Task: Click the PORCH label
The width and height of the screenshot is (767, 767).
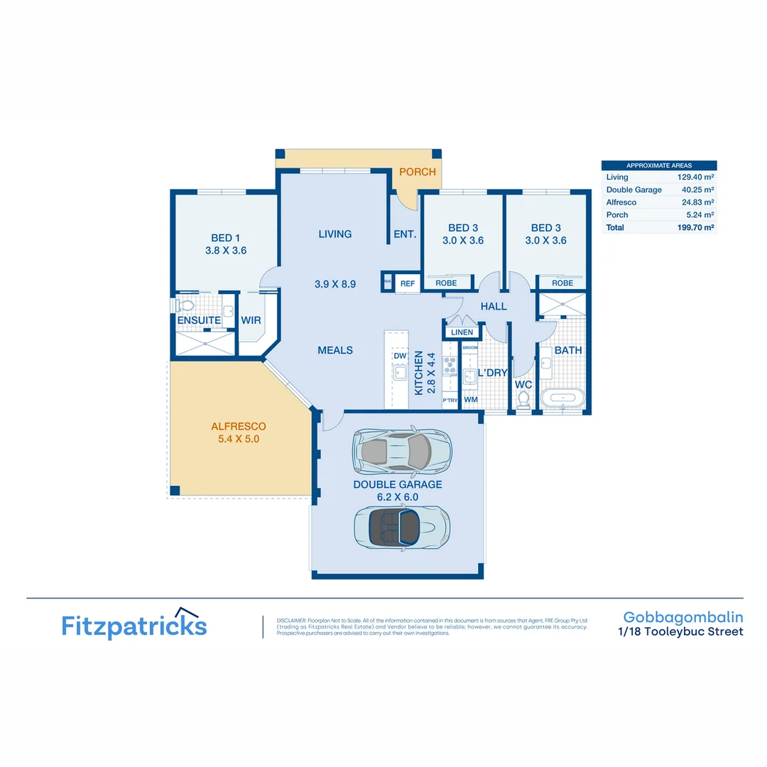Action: (418, 172)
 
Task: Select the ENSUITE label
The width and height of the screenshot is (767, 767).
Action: (199, 320)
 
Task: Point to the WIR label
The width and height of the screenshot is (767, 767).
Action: (251, 320)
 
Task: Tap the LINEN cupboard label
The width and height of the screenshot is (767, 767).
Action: (462, 332)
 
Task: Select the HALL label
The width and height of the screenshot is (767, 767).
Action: (494, 306)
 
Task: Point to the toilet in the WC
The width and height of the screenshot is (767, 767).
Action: (523, 399)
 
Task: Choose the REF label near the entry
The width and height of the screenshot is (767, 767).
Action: (408, 283)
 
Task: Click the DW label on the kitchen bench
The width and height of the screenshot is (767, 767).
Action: (399, 354)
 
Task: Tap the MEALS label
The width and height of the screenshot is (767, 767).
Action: (335, 350)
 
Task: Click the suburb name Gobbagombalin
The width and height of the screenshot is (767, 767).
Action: (683, 617)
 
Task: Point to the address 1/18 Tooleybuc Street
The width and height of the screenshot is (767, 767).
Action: (680, 631)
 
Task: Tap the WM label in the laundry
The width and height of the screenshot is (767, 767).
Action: (470, 400)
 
